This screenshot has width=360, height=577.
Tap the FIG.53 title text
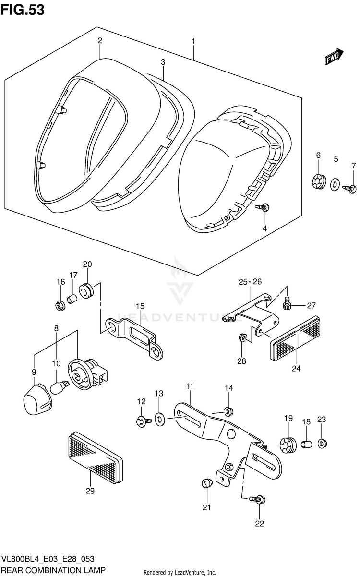tap(23, 9)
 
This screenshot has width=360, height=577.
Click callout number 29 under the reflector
tap(90, 491)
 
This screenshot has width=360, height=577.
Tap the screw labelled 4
tap(264, 207)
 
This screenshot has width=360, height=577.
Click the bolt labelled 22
tap(257, 500)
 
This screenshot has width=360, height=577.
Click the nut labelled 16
tap(60, 305)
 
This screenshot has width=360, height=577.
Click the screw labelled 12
tap(143, 421)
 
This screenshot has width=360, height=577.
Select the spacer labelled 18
tap(306, 444)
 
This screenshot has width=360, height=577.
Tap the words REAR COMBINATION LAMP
tap(53, 570)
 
